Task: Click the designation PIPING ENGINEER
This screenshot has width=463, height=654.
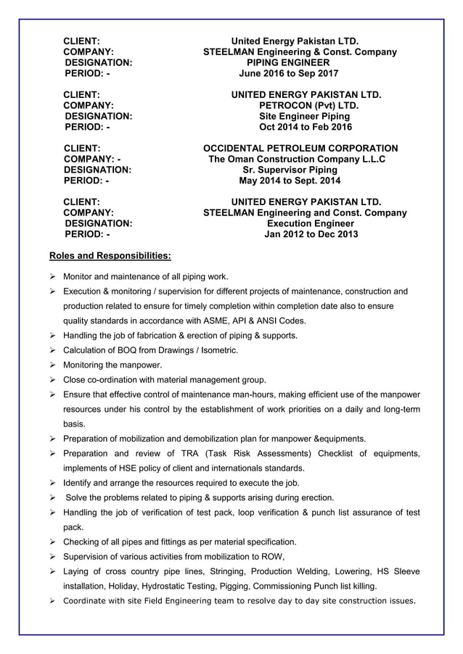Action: click(x=288, y=63)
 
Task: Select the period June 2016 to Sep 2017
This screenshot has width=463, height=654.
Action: click(x=288, y=74)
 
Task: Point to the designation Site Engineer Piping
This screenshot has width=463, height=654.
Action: click(x=305, y=117)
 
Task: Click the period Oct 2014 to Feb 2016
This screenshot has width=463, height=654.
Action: click(x=305, y=128)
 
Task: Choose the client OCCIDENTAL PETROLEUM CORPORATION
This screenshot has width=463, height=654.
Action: click(x=300, y=149)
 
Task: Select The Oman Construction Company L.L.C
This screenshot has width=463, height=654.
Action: click(x=297, y=160)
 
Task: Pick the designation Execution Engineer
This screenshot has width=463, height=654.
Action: click(x=306, y=224)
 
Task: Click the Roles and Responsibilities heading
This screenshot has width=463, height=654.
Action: click(x=110, y=256)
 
